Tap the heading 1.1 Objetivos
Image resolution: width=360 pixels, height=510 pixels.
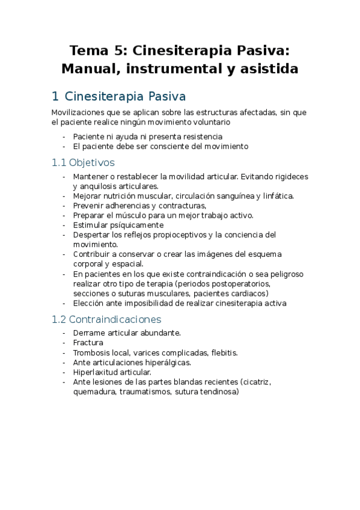[x=83, y=162]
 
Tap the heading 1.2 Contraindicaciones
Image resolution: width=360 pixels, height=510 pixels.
[x=107, y=319]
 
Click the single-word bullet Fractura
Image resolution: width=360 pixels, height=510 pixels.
[x=88, y=342]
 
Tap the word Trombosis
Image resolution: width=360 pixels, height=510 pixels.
[x=92, y=352]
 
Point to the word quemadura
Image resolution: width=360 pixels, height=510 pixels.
[x=93, y=391]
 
